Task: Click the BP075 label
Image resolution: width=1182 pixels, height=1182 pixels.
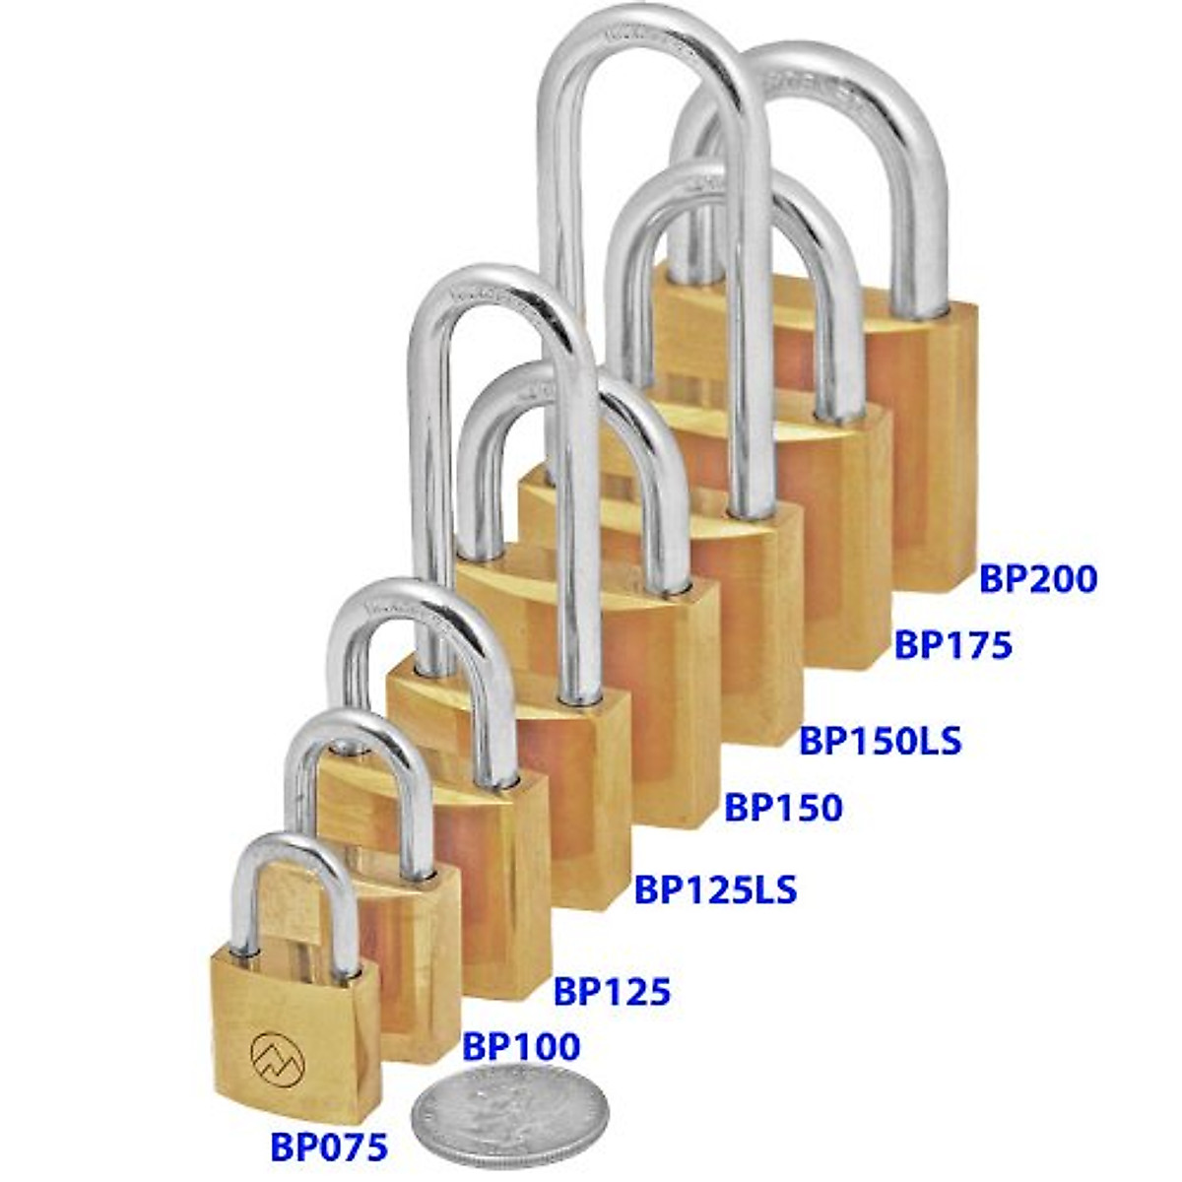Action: pos(329,1148)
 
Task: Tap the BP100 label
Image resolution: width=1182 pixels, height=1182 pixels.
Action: pos(521,1047)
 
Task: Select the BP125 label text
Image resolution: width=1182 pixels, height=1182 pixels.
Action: pos(612,991)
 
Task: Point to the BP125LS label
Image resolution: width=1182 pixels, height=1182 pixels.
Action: pos(715,889)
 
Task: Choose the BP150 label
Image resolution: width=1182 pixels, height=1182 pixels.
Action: pos(784,808)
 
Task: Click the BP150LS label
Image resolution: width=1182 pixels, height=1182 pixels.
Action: pos(880,740)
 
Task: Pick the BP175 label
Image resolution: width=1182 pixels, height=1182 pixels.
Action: pos(952,644)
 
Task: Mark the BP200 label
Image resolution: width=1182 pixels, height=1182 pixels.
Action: pos(1037,579)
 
